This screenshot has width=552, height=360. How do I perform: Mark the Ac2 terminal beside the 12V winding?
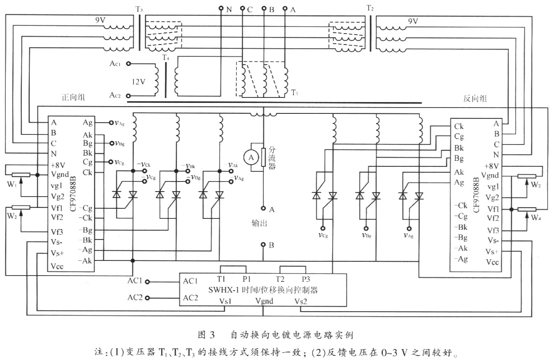(x=115, y=96)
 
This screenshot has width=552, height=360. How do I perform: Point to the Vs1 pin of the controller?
(x=225, y=301)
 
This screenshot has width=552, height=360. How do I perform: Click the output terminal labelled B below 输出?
(x=263, y=245)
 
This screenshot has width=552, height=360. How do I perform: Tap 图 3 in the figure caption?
(x=206, y=335)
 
